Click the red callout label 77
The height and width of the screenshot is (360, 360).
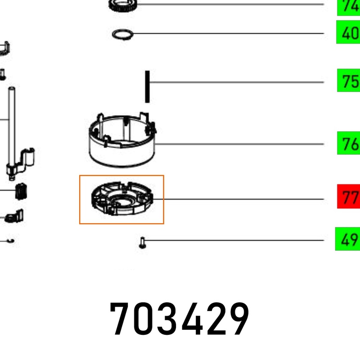(348, 197)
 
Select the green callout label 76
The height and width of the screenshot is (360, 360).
(348, 143)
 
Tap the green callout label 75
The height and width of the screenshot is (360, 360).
(348, 81)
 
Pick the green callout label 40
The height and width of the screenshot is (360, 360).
(348, 32)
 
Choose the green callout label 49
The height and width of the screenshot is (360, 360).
(347, 239)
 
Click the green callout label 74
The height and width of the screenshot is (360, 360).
(348, 7)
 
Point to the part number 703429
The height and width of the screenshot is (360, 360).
(180, 319)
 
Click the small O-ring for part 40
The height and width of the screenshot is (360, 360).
(122, 35)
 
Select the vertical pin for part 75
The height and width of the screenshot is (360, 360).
(148, 87)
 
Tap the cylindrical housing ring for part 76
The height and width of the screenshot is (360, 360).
(122, 140)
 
